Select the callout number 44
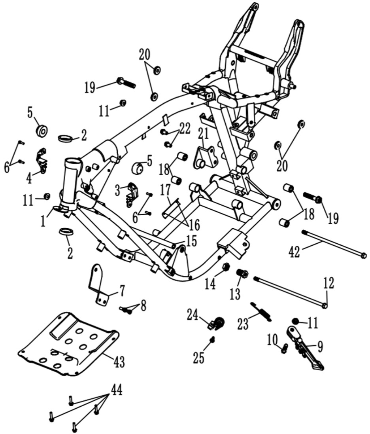[117, 391]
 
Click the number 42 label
[294, 252]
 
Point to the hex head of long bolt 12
[325, 305]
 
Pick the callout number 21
[204, 134]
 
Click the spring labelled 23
[262, 311]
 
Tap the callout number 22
[185, 129]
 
